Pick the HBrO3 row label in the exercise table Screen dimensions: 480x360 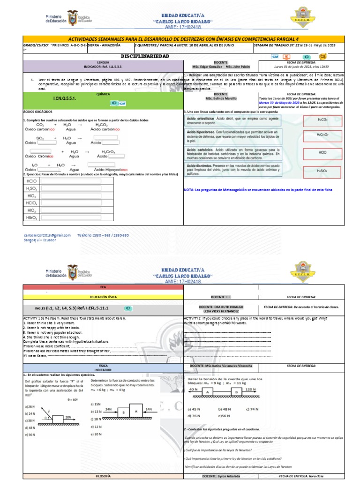coord(32,217)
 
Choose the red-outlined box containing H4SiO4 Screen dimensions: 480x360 coord(322,171)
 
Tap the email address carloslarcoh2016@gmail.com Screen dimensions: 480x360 coord(47,235)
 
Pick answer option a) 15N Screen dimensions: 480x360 coord(96,404)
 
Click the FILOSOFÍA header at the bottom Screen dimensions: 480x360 coord(103,476)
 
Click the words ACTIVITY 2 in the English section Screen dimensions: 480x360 coord(193,318)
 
